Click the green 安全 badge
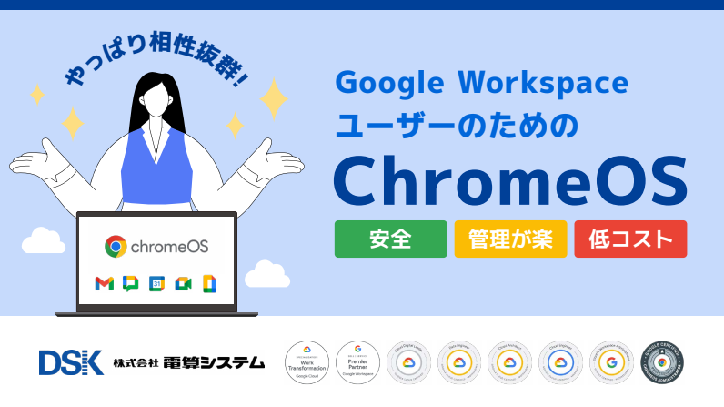pyautogui.click(x=390, y=239)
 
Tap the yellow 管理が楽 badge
pyautogui.click(x=510, y=239)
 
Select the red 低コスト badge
pyautogui.click(x=630, y=239)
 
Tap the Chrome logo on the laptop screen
pyautogui.click(x=116, y=246)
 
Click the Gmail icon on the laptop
pyautogui.click(x=104, y=283)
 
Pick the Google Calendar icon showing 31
pyautogui.click(x=156, y=283)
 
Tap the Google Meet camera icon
pyautogui.click(x=183, y=283)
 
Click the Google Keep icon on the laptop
pyautogui.click(x=208, y=283)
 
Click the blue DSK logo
pyautogui.click(x=71, y=362)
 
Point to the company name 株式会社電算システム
pyautogui.click(x=188, y=362)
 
